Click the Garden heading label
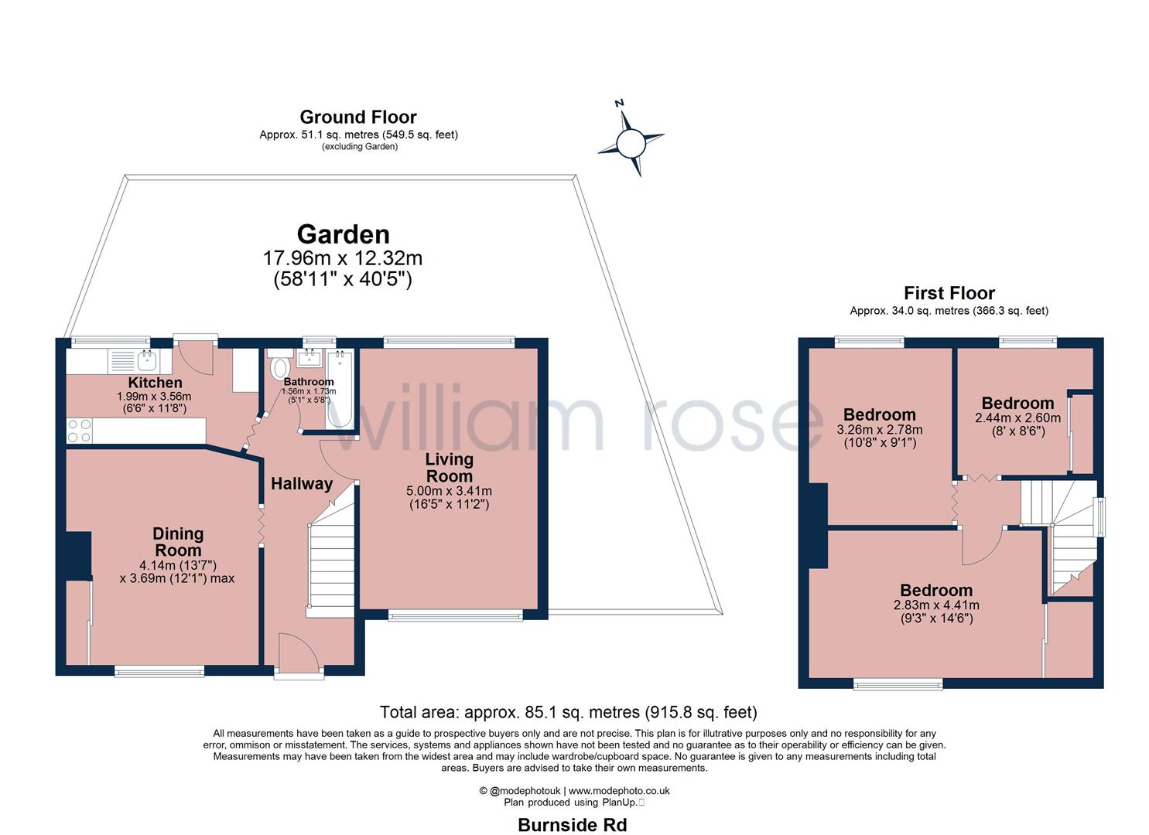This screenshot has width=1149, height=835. pos(344,235)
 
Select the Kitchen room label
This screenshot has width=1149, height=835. pos(155,383)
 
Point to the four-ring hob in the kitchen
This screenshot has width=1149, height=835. pos(80,431)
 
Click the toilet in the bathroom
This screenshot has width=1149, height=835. pos(279,364)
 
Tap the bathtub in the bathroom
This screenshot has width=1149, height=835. pos(340,389)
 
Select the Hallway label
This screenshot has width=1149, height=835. pos(302,484)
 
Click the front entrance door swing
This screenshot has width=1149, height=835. pos(299,651)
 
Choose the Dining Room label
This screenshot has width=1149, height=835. pos(178,542)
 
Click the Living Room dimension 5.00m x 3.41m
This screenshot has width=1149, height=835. pos(449,490)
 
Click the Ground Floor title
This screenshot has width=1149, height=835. pos(358,118)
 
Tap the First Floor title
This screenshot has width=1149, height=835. pos(949,293)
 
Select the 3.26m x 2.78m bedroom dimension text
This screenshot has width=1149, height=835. pos(880,430)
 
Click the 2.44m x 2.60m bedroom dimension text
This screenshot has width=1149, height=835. pos(1017,417)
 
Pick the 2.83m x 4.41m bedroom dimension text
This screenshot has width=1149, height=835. pos(936,605)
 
